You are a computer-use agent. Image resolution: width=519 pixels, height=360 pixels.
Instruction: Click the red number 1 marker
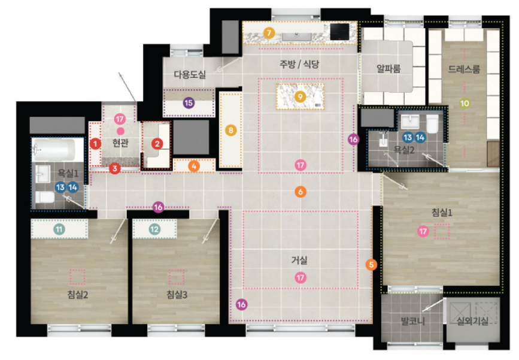click(x=95, y=144)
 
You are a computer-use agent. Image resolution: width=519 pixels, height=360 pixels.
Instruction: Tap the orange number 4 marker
click(x=194, y=166)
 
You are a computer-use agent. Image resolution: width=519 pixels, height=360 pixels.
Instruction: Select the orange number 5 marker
click(x=371, y=265)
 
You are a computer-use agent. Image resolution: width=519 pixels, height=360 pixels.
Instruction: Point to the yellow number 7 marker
click(x=269, y=33)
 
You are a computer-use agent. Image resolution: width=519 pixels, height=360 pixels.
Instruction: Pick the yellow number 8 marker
click(x=230, y=130)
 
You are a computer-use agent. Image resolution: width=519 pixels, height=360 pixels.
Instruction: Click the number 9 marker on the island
click(x=301, y=96)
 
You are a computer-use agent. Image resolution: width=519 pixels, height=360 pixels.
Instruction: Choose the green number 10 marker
click(x=465, y=104)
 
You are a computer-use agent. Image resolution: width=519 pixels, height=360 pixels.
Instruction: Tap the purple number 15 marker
click(x=189, y=102)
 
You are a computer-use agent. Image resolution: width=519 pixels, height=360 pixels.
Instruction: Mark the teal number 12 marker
click(x=154, y=229)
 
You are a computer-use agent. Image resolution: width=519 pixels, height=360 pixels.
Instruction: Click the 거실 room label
click(x=299, y=260)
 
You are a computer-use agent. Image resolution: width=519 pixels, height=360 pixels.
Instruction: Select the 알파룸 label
click(x=389, y=68)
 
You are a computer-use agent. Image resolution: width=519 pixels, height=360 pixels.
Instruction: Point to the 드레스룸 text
click(x=464, y=69)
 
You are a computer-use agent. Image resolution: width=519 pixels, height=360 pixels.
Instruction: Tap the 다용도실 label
click(x=190, y=74)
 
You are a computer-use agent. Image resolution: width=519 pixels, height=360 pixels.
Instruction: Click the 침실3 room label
click(x=177, y=294)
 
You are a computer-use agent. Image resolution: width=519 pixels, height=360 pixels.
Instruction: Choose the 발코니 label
click(x=413, y=320)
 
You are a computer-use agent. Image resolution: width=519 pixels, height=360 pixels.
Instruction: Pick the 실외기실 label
click(x=473, y=320)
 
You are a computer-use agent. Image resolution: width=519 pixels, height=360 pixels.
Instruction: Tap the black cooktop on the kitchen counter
click(x=339, y=32)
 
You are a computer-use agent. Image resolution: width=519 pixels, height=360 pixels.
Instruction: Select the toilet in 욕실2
click(x=432, y=123)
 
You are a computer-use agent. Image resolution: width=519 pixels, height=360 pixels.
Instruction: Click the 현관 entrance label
click(x=120, y=143)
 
